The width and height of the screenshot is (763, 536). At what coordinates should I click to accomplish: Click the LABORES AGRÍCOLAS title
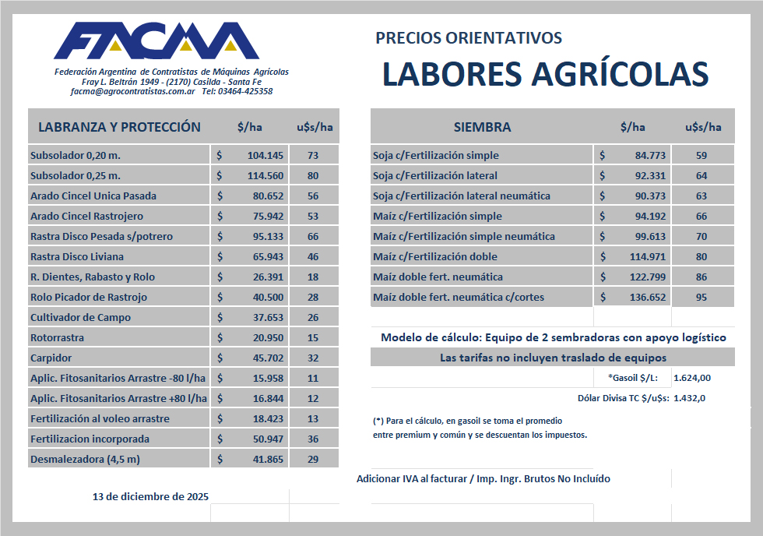click(545, 74)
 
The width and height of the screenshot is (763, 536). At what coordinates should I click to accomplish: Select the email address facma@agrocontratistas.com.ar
click(132, 91)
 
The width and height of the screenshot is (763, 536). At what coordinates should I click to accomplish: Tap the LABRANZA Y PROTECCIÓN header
click(119, 127)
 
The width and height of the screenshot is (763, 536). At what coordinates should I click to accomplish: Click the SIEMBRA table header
click(482, 127)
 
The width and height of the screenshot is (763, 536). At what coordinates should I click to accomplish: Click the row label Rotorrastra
click(57, 337)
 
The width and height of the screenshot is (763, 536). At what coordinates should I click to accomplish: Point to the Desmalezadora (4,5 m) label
click(85, 459)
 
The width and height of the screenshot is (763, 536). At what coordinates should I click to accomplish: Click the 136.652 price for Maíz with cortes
click(649, 297)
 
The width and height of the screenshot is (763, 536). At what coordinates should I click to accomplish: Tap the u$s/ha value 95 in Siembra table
click(701, 297)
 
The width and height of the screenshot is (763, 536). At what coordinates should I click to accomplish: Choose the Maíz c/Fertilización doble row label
click(434, 256)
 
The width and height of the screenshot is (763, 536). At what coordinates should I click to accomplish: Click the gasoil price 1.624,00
click(692, 378)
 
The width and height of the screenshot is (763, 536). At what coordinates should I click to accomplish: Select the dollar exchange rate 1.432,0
click(689, 397)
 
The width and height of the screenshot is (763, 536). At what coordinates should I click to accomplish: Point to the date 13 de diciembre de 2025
click(150, 496)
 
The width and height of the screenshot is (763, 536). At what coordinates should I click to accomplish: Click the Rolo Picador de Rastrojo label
click(88, 297)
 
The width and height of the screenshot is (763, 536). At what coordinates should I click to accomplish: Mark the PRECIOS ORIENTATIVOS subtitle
click(468, 38)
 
